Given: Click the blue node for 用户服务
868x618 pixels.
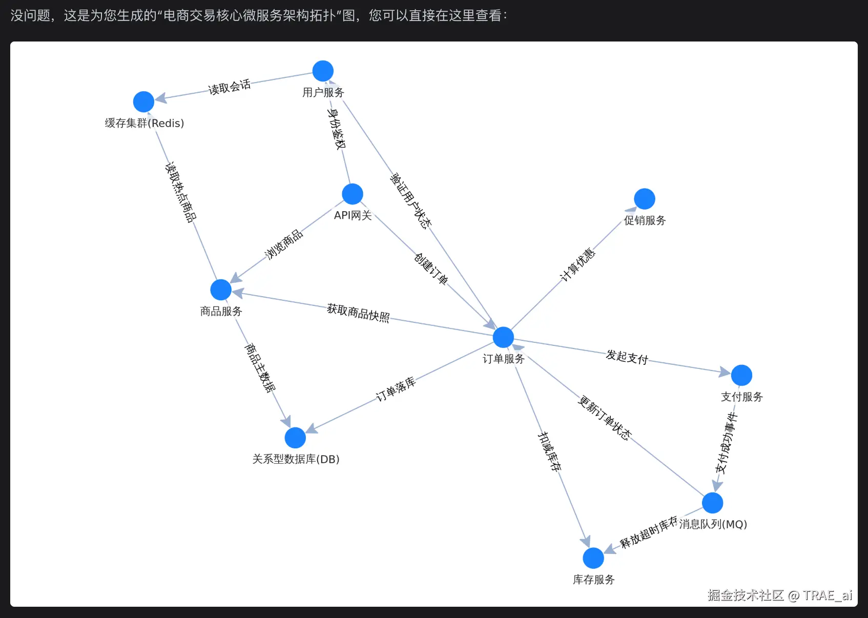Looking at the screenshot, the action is click(323, 71).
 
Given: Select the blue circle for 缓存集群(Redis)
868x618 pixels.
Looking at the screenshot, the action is click(144, 101).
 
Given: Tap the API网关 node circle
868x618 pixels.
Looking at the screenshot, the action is click(353, 194).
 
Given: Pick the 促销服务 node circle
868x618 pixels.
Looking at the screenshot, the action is click(645, 199).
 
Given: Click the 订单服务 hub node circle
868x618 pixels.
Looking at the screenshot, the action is click(503, 337).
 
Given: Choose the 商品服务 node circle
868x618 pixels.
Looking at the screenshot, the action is click(221, 290).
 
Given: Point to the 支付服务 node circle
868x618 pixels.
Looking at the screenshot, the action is click(741, 375).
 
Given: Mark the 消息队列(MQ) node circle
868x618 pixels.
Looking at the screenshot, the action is click(713, 503).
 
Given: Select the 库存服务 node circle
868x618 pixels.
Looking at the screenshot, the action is click(593, 558).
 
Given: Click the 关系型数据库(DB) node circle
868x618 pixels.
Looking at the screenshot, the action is click(295, 438).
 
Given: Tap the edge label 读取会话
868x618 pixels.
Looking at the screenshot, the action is click(230, 87).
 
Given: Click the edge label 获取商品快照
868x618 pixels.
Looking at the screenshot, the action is click(358, 313).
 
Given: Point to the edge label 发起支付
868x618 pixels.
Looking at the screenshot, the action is click(627, 357).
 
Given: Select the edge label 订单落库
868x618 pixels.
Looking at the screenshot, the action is click(396, 388).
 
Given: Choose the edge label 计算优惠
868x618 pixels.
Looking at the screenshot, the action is click(577, 264).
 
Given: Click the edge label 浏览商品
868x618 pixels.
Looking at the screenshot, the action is click(284, 244).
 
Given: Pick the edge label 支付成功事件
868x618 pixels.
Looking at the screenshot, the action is click(726, 443).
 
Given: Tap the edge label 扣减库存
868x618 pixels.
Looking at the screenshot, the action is click(549, 451).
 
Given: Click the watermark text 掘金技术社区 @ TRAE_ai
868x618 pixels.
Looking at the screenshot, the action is click(780, 595).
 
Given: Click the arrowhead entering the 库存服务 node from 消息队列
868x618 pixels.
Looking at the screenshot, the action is click(610, 549).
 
